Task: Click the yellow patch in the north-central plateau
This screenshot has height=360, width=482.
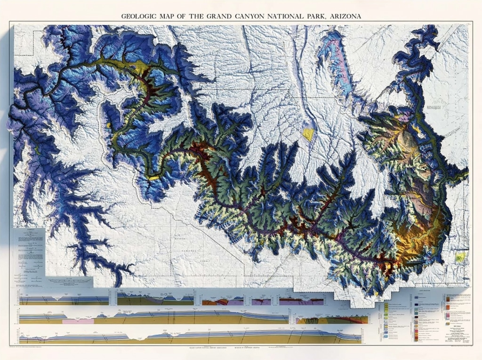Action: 308,134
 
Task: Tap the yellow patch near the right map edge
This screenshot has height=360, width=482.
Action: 460,257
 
